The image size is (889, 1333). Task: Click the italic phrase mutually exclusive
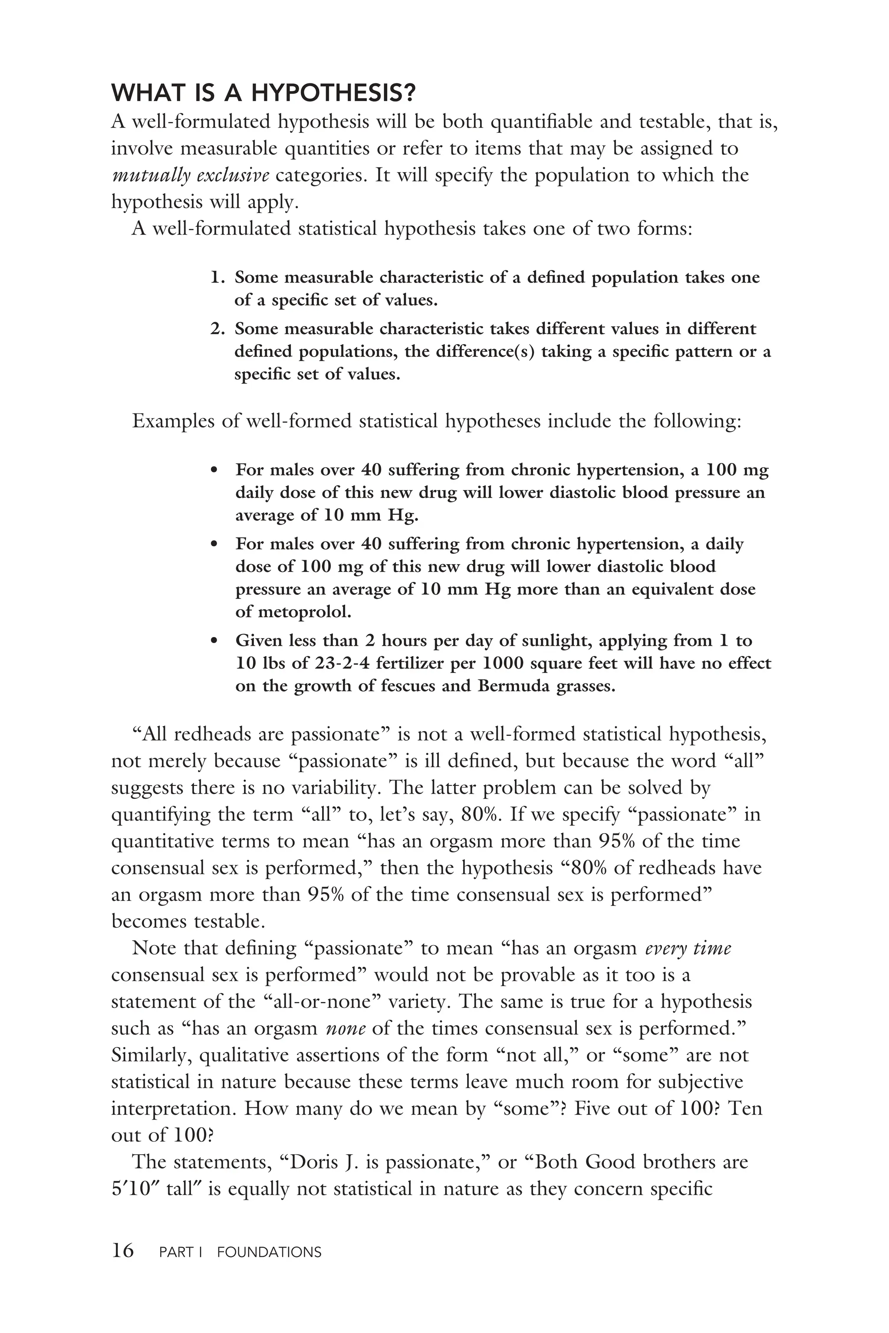191,176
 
